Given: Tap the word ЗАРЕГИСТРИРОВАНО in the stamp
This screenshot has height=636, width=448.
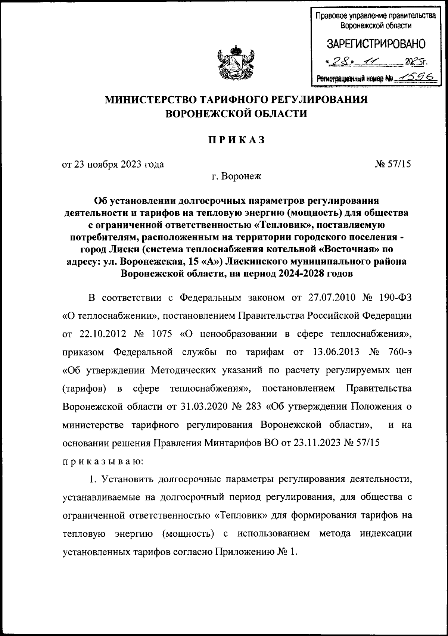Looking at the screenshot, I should [x=376, y=44].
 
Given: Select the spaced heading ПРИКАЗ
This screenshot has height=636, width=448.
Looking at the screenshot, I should [x=236, y=140].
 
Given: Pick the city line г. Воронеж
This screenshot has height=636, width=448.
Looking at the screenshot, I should [x=236, y=176].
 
